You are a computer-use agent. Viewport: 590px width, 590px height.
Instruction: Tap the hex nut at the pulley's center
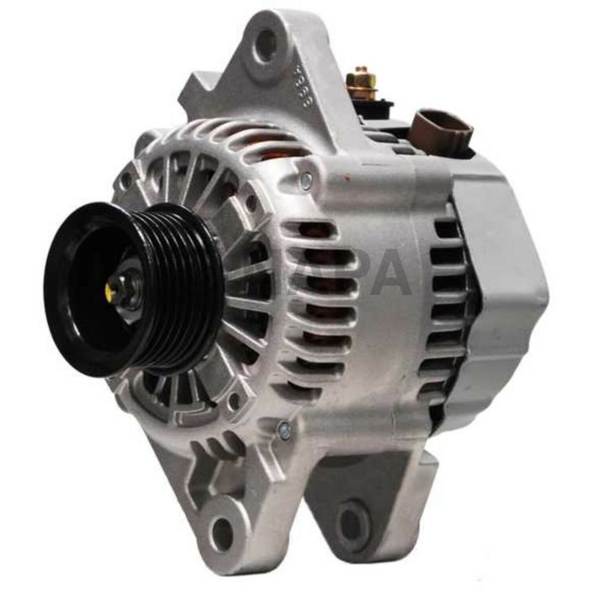124,289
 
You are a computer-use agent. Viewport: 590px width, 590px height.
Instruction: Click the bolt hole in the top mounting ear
266,44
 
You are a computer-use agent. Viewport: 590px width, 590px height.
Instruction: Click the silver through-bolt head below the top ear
306,180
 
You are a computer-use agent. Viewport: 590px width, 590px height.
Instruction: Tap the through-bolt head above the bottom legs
284,432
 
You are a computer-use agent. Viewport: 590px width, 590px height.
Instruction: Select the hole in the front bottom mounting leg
222,531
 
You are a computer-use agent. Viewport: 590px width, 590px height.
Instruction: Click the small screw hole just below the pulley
229,402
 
